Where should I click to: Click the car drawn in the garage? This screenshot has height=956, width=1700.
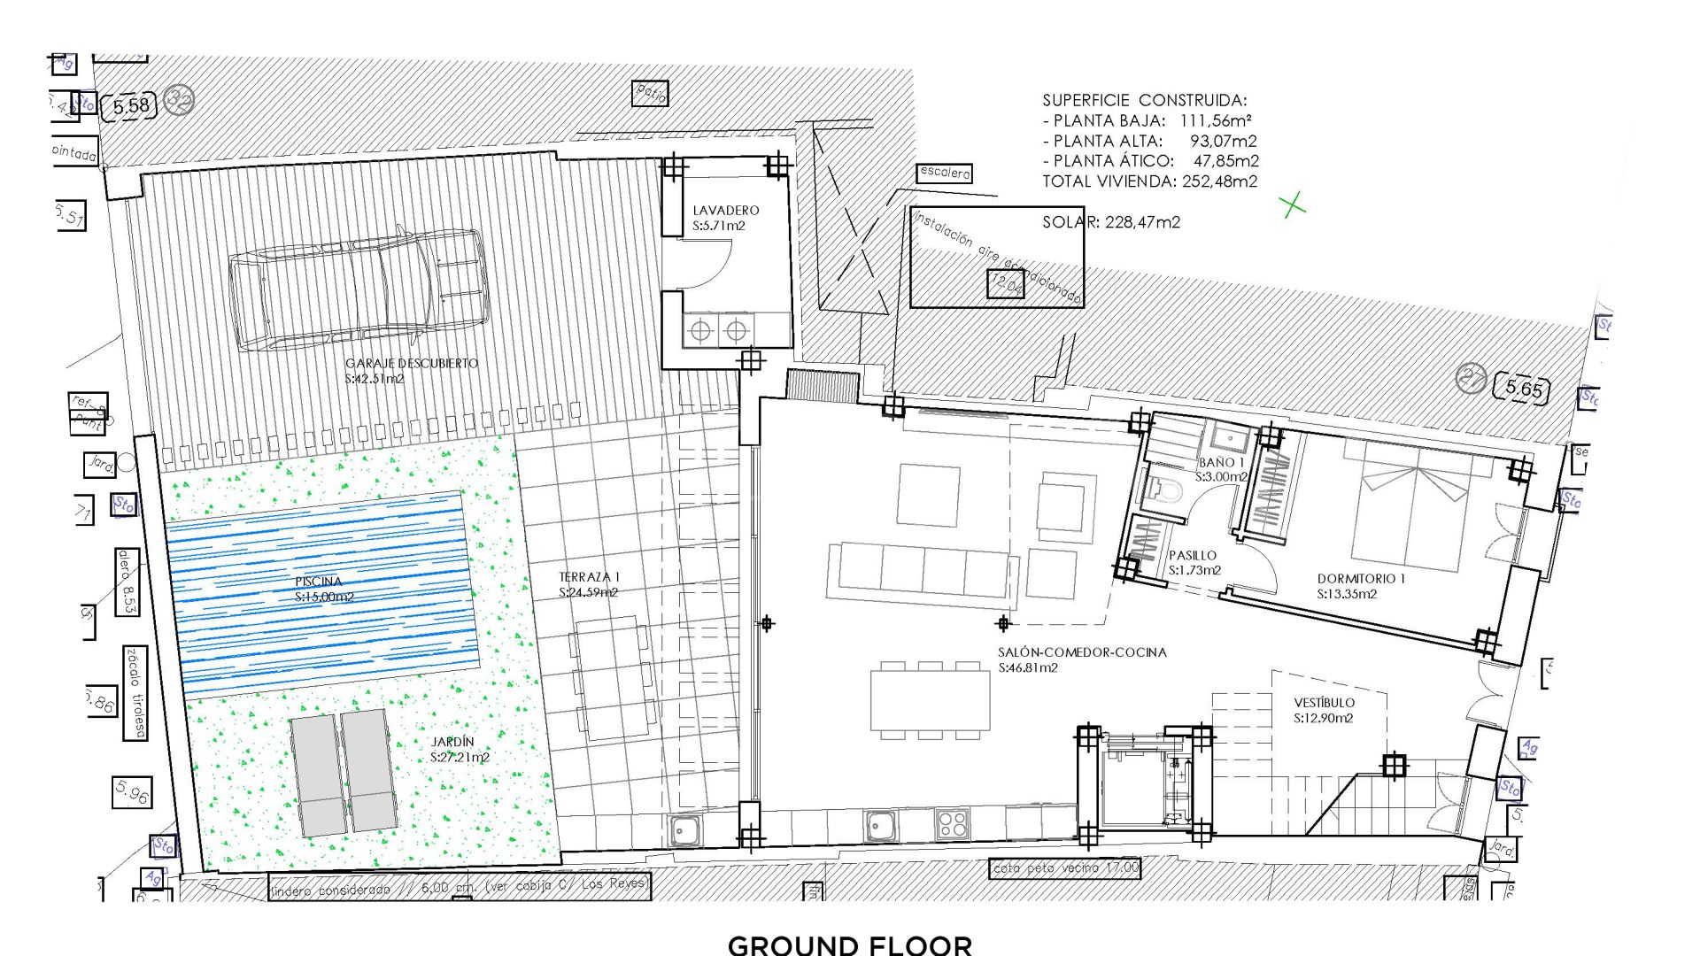pos(359,289)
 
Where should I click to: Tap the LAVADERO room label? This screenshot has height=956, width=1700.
pos(725,211)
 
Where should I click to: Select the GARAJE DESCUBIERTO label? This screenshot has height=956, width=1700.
pos(411,364)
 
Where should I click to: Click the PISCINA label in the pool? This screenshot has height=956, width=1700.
pos(319,582)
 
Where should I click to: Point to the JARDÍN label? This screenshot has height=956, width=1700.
pos(453,742)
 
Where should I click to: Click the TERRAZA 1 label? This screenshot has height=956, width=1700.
pos(590,577)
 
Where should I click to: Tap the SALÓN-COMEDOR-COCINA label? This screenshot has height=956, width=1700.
pos(1082,652)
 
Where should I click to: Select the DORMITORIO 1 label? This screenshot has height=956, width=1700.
pos(1361,579)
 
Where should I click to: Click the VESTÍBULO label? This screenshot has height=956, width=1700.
pos(1324,703)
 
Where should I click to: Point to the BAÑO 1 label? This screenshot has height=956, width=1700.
pos(1221,463)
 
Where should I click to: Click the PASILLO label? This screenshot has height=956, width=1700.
pos(1193,556)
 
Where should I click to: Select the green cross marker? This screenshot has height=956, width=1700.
pos(1293,205)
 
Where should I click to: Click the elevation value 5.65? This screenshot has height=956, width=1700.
pos(1523,388)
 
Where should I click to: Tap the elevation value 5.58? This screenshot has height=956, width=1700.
pos(132,106)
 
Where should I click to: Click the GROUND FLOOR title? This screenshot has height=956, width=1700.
pos(849,944)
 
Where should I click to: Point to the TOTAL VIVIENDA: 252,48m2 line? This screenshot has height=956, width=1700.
pos(1149,181)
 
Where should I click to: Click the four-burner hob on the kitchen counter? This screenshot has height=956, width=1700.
pos(952,824)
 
